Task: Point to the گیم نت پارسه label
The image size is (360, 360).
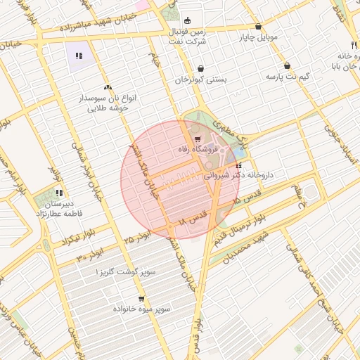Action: [x=288, y=77]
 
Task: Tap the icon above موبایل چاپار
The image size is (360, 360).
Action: [x=258, y=26]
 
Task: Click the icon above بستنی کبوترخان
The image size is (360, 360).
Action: [x=202, y=69]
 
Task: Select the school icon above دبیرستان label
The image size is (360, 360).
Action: [x=60, y=192]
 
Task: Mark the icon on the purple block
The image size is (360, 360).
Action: [x=79, y=55]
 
